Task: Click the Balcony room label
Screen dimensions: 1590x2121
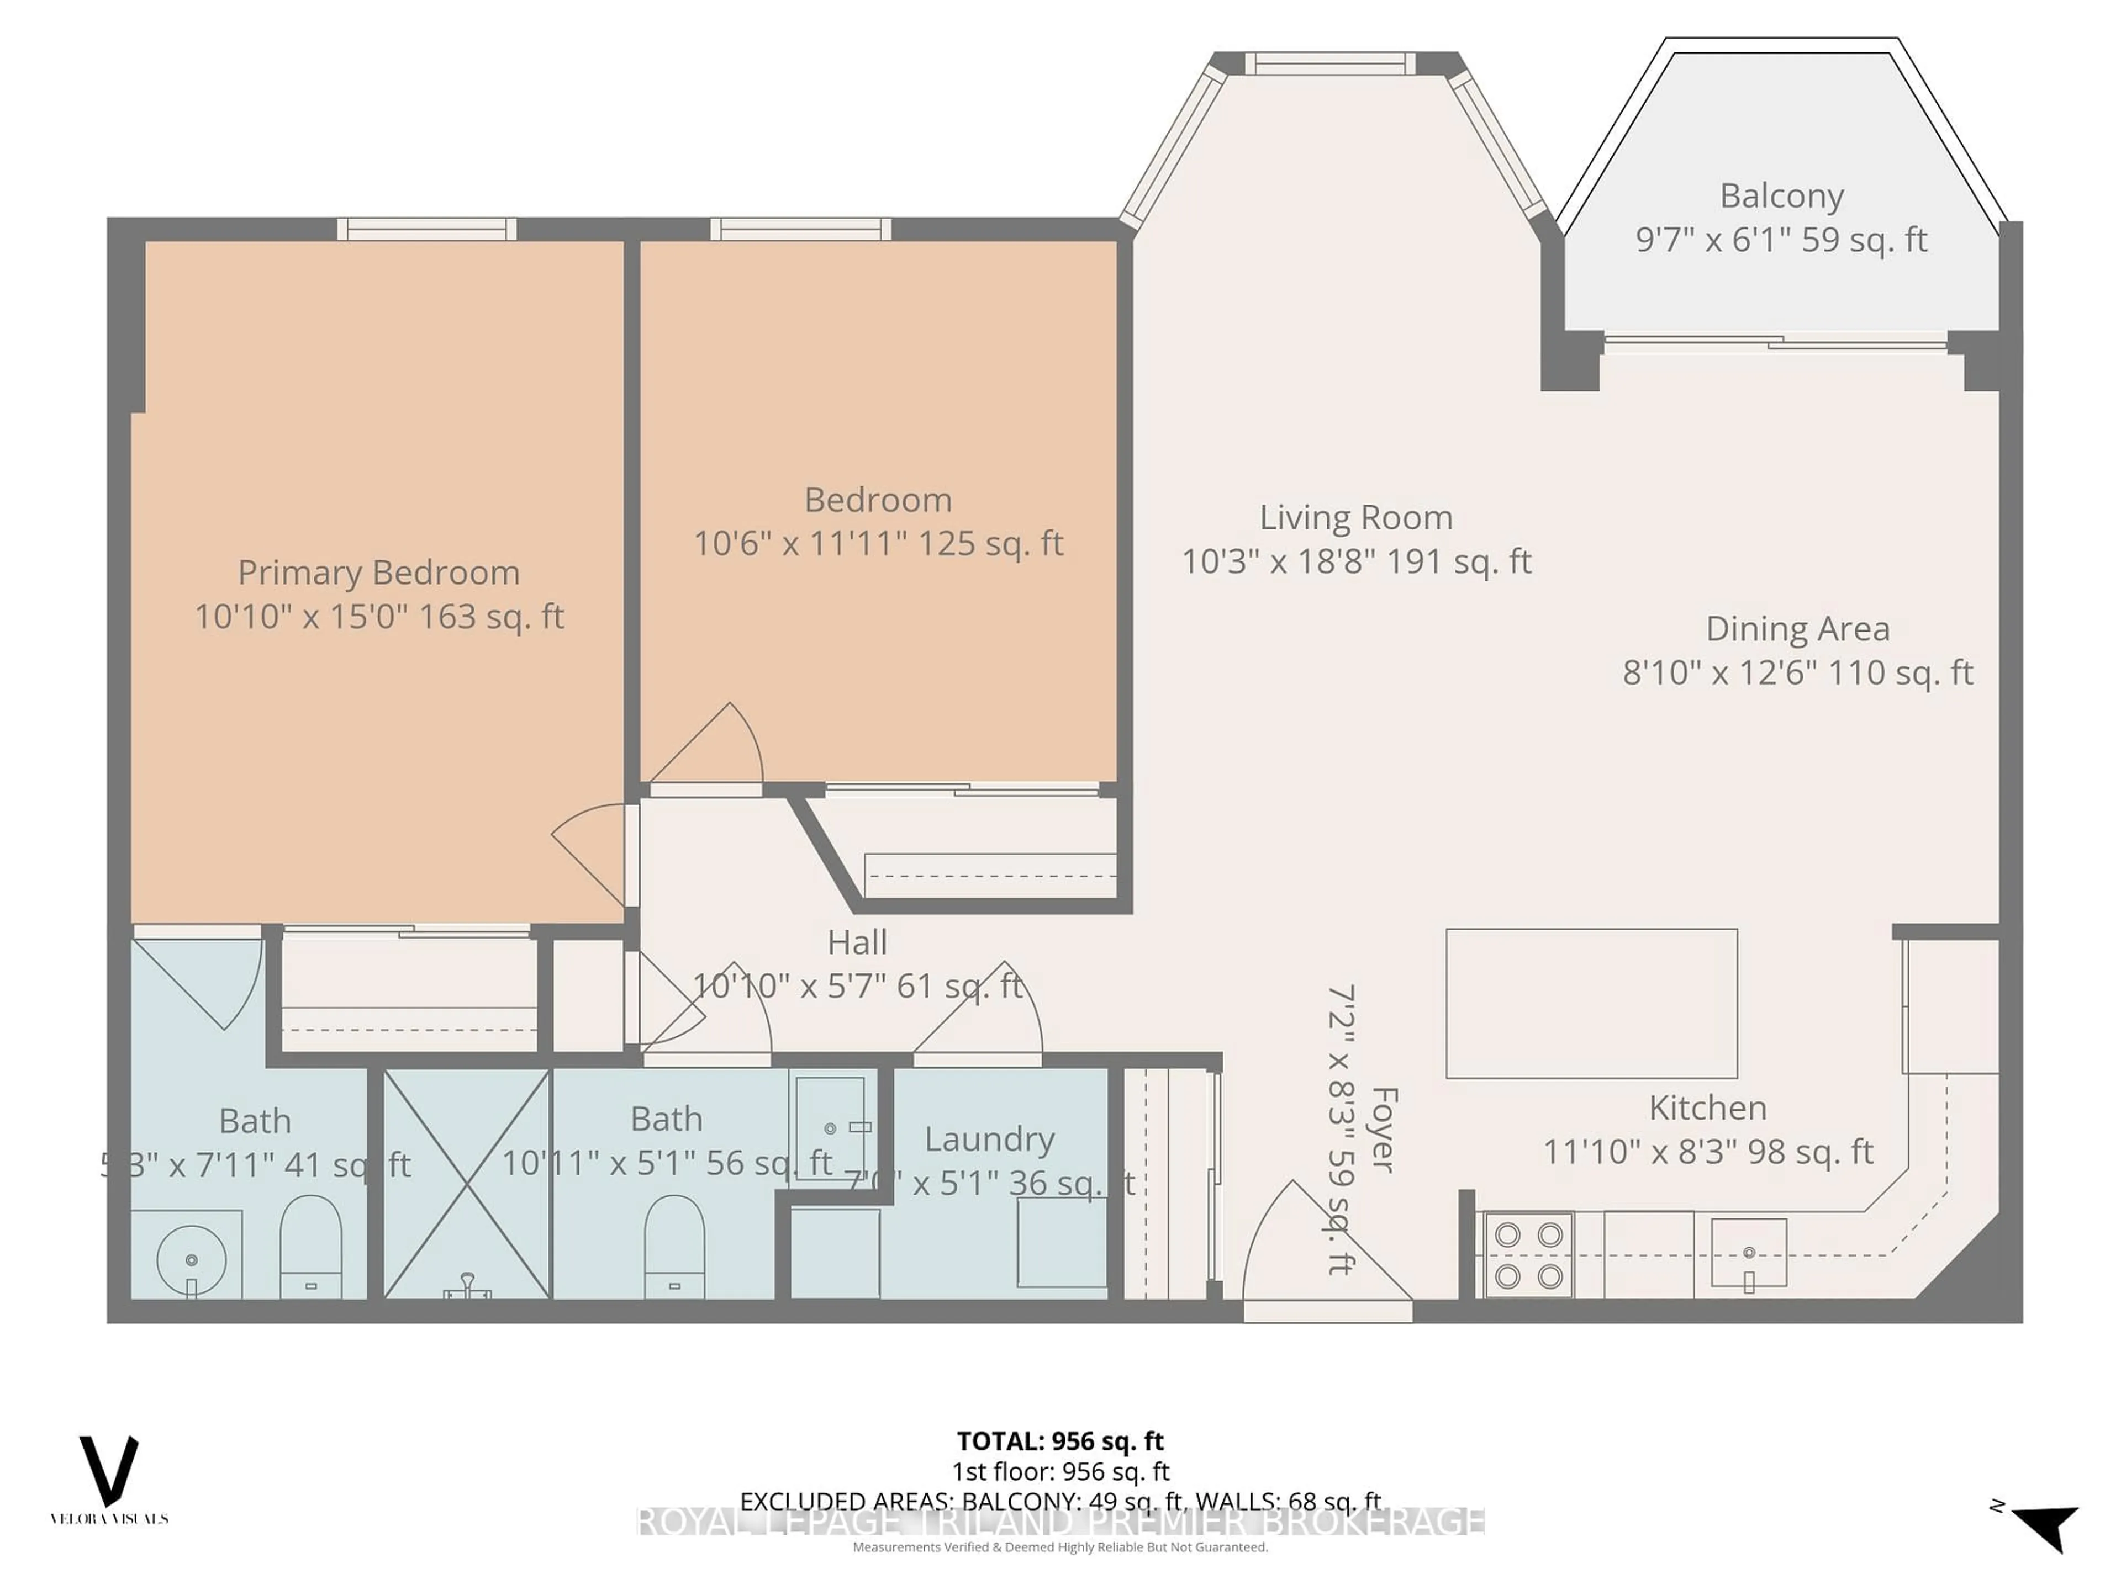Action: (1781, 197)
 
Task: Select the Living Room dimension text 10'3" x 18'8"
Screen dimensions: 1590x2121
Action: (1356, 561)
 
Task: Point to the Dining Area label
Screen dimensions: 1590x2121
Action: (1797, 629)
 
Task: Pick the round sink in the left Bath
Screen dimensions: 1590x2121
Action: (192, 1259)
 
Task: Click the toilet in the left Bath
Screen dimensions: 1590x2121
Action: (310, 1248)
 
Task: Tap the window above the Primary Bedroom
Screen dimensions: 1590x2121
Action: (427, 229)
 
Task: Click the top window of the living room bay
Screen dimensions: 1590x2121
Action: (1330, 64)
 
